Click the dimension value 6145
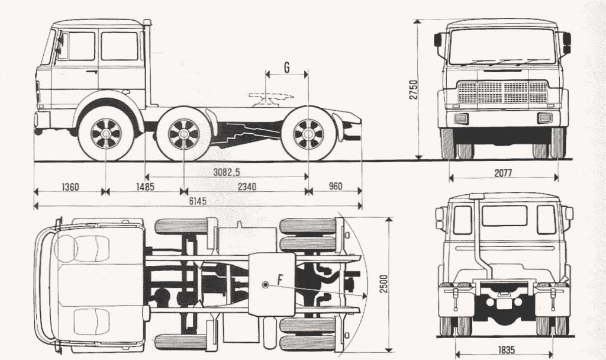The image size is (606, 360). click(x=198, y=201)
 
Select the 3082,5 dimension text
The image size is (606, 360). click(x=230, y=172)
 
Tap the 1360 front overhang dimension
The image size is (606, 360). click(x=70, y=187)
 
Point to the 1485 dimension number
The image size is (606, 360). click(x=144, y=187)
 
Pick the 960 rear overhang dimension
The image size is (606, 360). click(x=335, y=187)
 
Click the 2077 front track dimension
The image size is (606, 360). click(x=502, y=173)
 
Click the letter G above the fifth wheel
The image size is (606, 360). click(x=286, y=67)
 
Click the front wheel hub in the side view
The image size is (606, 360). click(x=106, y=134)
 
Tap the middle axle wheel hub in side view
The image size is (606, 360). click(x=183, y=134)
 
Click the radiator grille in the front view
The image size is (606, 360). click(x=502, y=93)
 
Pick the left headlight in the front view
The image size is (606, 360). click(x=461, y=118)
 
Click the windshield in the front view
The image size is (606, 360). click(x=502, y=48)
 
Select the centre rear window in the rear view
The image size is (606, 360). click(x=504, y=216)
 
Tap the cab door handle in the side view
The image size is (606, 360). click(x=91, y=72)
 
